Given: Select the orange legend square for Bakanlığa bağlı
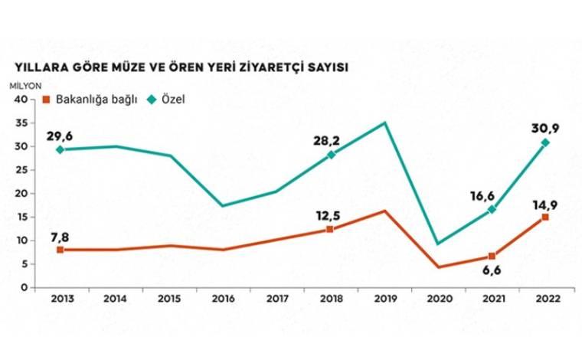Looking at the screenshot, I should (x=46, y=100).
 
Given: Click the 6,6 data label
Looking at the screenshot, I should (x=492, y=273).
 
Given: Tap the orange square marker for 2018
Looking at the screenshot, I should (x=330, y=229).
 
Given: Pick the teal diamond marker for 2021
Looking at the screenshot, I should (x=492, y=209).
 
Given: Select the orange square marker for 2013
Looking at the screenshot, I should (x=59, y=250).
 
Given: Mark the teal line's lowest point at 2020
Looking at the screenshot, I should (x=437, y=244).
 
